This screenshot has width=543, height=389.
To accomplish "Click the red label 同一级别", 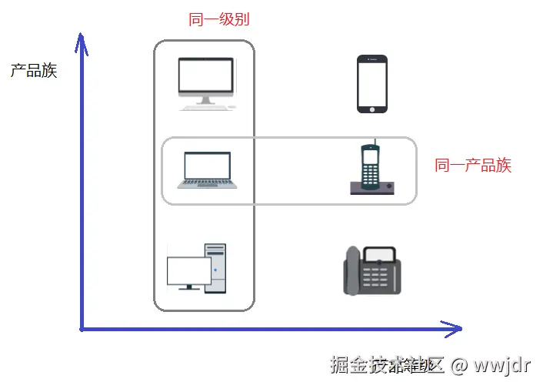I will [219, 20].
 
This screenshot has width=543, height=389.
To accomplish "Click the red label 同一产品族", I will [473, 165].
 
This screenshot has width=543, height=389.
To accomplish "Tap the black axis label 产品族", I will [34, 71].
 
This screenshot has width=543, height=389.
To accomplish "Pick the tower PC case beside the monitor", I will [216, 268].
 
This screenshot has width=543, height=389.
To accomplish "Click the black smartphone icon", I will [372, 84].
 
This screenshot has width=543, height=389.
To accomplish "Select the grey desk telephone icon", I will [371, 270].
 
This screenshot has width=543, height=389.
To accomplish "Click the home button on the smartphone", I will [372, 107].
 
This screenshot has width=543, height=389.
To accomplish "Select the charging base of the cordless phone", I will [373, 187].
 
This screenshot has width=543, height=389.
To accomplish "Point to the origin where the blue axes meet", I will [82, 329].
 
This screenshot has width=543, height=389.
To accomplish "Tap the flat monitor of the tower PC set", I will [188, 271].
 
